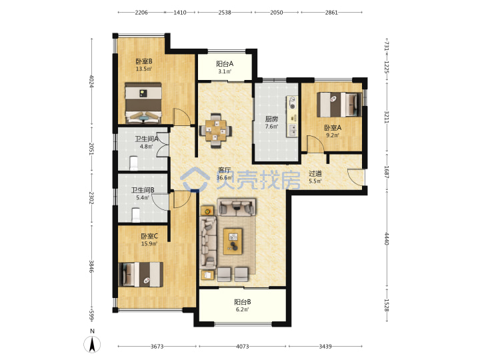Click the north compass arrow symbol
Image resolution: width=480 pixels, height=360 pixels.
coord(92,344)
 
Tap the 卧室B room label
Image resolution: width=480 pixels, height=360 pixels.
coord(144,61)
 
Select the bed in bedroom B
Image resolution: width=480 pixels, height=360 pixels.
coord(143,103)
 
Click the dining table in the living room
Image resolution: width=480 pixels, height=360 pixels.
coord(215,131)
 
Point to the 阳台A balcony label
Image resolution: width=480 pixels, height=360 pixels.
coord(225,64)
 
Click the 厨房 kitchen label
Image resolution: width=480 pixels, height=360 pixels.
coord(271,119)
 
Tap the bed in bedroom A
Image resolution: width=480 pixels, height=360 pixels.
coord(339,105)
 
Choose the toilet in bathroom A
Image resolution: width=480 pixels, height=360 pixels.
coord(134,163)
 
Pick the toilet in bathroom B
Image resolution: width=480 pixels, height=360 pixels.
coord(135,215)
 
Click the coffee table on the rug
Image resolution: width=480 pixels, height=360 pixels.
coord(233,241)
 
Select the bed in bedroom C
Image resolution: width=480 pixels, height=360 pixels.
coord(141,274)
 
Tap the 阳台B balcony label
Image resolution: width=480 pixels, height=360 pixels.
coord(243,302)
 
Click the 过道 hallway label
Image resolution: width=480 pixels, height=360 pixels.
coord(315,173)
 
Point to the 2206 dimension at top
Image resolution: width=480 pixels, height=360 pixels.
coord(141,13)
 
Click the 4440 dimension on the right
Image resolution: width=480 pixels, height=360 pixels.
coord(386,239)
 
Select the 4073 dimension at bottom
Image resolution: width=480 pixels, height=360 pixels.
coord(243,347)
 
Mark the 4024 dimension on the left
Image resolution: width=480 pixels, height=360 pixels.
coord(91,81)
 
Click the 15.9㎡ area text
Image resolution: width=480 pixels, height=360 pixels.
coord(149,244)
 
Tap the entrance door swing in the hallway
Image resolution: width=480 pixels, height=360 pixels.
coord(356,177)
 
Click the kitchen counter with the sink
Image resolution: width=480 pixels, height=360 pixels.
coord(292,117)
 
